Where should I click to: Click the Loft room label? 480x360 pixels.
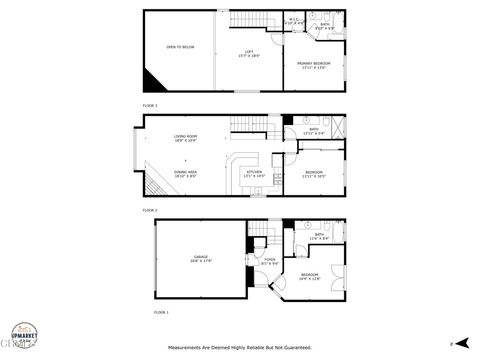tap(249, 53)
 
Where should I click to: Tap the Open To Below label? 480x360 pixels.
tap(180, 47)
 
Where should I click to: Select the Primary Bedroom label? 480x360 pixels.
tap(314, 65)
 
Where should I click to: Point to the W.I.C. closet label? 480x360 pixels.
tap(296, 22)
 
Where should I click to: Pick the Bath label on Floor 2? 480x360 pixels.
tap(313, 131)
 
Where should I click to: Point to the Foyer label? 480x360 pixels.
tap(269, 261)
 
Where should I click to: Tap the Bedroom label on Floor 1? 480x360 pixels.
tap(310, 276)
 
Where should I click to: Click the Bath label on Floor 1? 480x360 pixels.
tap(319, 237)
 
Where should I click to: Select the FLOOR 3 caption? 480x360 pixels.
tap(149, 105)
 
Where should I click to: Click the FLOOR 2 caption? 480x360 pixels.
tap(149, 210)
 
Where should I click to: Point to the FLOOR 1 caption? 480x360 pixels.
tap(160, 314)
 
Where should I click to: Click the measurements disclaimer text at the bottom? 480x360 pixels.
tap(239, 348)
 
